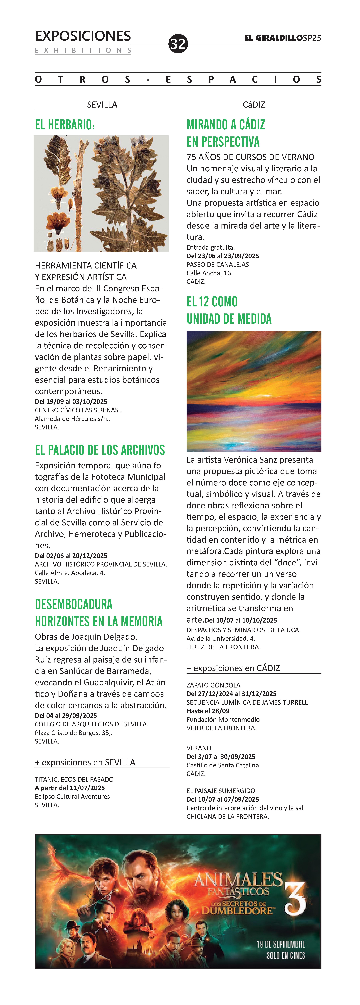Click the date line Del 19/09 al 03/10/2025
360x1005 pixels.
tap(71, 402)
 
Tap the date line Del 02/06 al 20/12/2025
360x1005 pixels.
tap(71, 556)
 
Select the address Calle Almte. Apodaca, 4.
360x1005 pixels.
tap(70, 573)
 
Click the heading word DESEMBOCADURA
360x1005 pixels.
tap(74, 604)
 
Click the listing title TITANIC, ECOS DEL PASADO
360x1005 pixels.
tap(74, 779)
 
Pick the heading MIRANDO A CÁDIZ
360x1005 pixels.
tap(226, 125)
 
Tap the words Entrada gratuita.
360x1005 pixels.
tap(211, 247)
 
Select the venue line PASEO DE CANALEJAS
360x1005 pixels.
tap(218, 265)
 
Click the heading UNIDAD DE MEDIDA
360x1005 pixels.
tap(229, 319)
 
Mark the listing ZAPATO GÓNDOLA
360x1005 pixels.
tap(213, 685)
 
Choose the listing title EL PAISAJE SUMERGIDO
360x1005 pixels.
tap(221, 791)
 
